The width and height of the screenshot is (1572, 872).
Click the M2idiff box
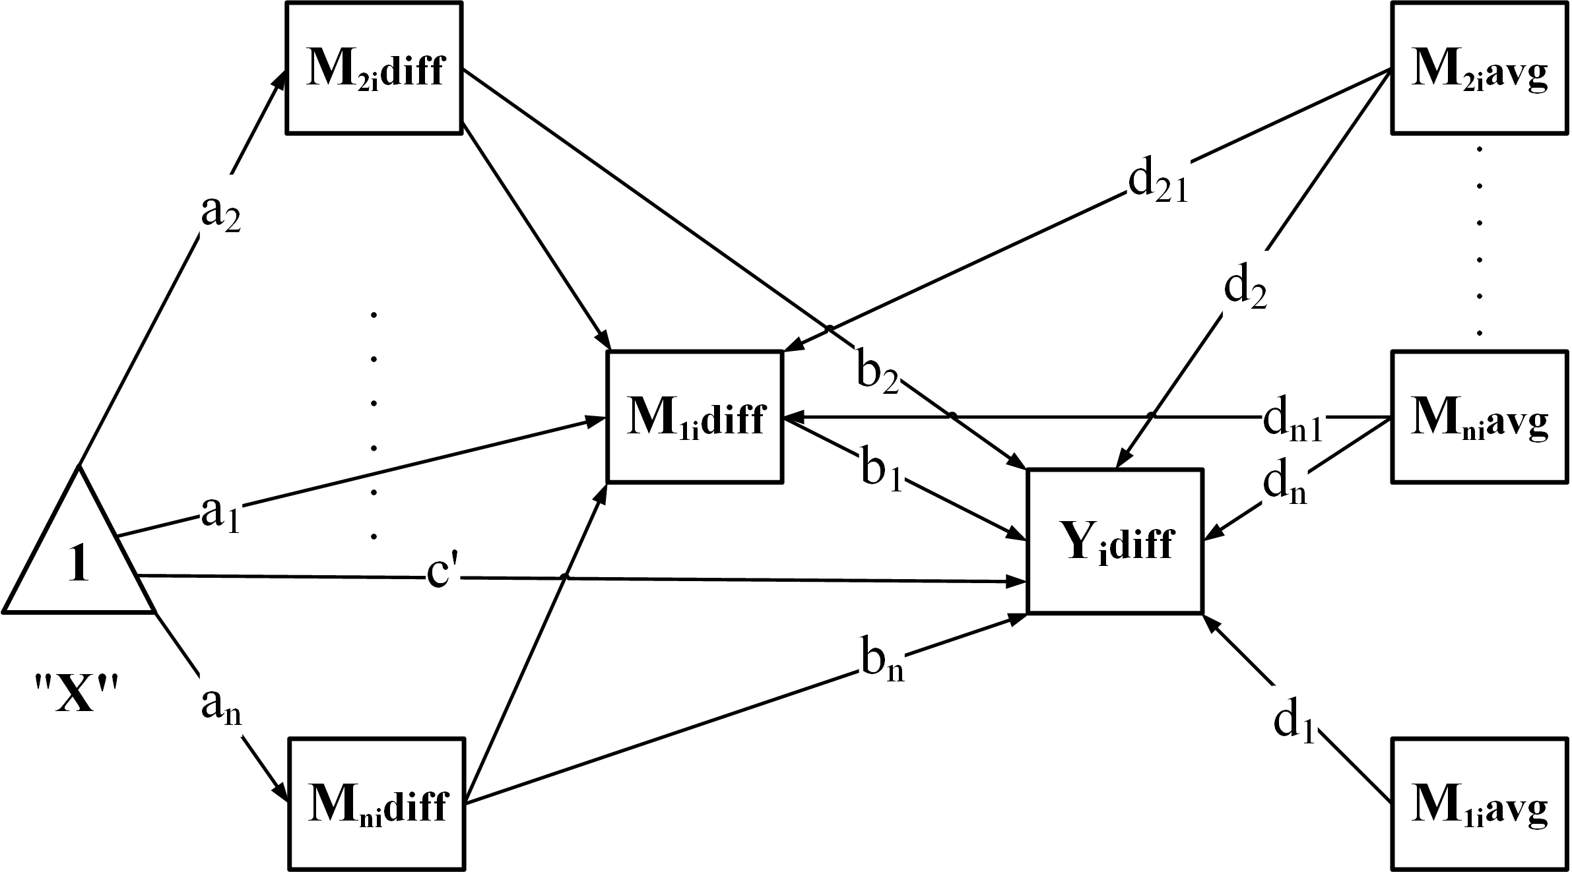[x=374, y=68]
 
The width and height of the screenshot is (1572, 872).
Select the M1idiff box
[x=694, y=417]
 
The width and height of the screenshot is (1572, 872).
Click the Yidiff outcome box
[x=1114, y=542]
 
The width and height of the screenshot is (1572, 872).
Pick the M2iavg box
[x=1479, y=68]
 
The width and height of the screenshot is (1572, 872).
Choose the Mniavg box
[x=1479, y=417]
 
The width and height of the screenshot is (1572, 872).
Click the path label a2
[x=220, y=214]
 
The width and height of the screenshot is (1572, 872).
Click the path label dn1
[x=1292, y=422]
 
